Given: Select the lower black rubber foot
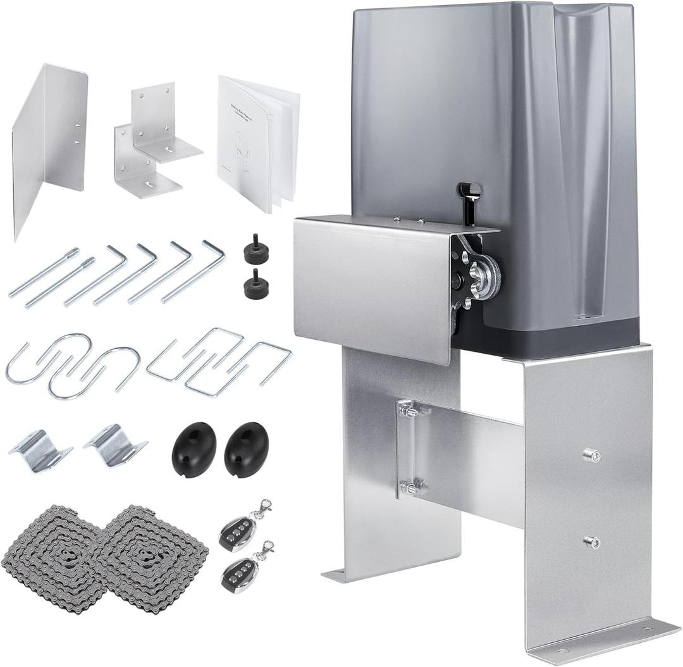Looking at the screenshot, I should [x=254, y=283].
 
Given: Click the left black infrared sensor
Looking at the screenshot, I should [x=194, y=449].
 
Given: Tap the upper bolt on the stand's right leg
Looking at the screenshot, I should [x=591, y=454].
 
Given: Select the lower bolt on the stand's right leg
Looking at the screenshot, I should [x=591, y=542].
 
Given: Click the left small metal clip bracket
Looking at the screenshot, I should [x=39, y=450].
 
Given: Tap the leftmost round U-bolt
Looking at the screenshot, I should [x=44, y=364].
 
